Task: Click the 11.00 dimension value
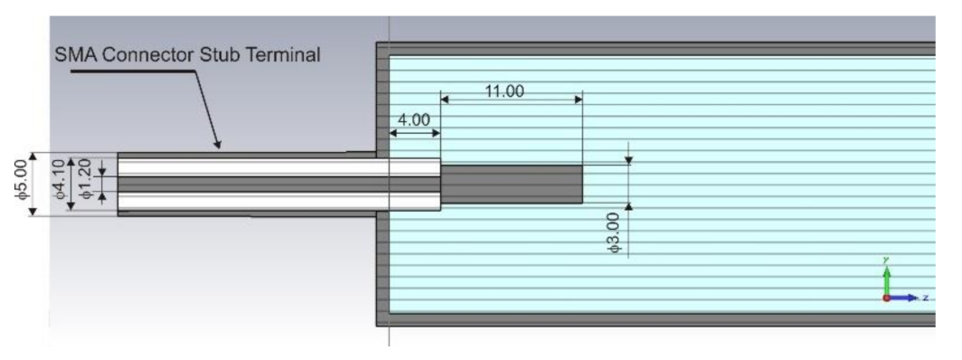click(504, 92)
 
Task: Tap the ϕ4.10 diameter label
click(60, 184)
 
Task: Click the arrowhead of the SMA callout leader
click(216, 144)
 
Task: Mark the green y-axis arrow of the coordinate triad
click(886, 271)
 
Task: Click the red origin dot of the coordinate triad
click(887, 297)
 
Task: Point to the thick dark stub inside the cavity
click(511, 184)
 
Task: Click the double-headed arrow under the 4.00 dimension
click(414, 133)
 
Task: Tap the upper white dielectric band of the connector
click(271, 167)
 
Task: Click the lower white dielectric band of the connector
click(271, 201)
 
